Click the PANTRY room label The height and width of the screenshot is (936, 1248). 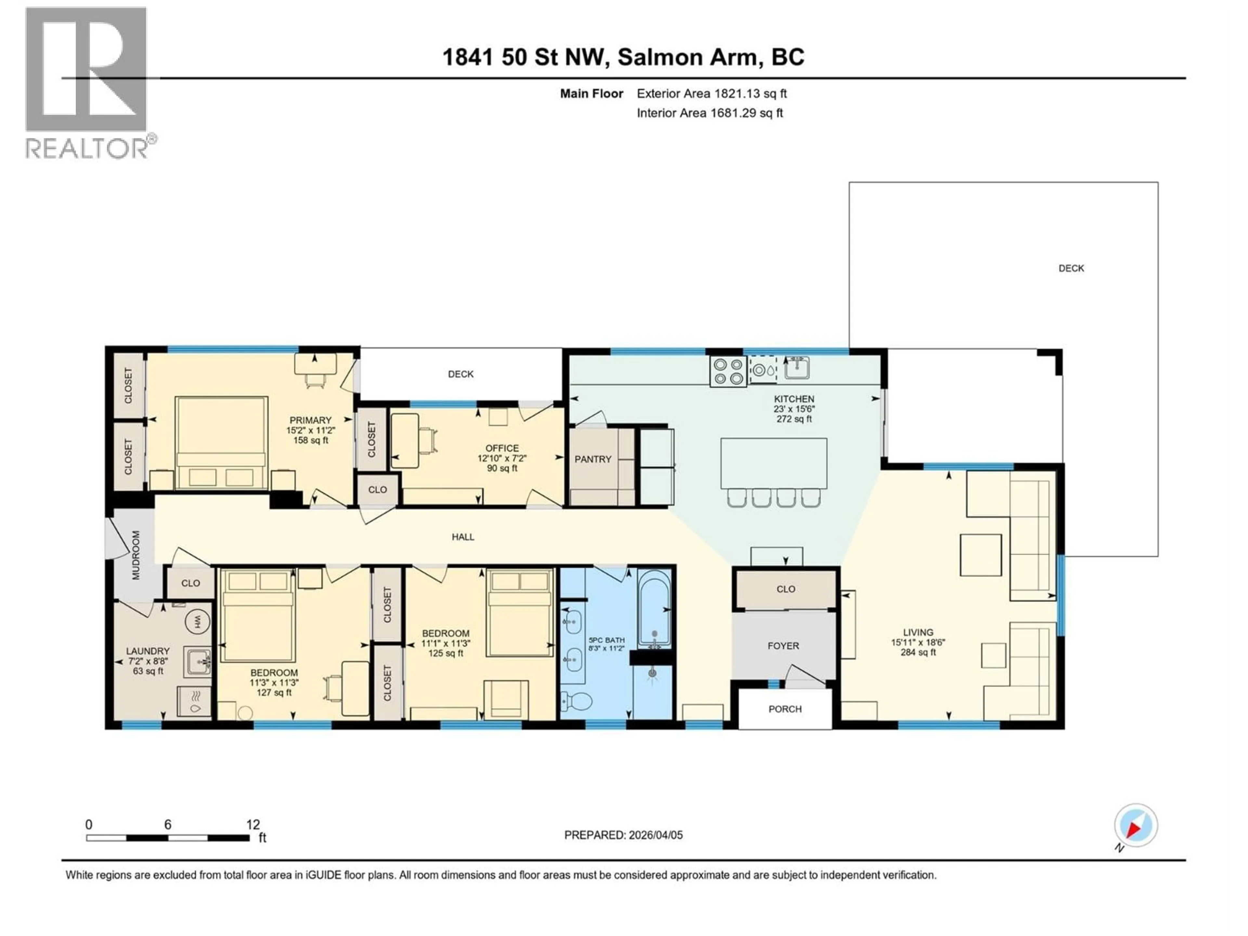592,459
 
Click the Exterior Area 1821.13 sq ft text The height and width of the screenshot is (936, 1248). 711,94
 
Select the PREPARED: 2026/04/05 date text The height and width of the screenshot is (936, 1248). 623,835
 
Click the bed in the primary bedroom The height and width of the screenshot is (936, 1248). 221,443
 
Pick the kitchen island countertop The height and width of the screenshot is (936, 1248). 773,463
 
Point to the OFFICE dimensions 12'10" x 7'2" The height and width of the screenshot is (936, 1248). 501,459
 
